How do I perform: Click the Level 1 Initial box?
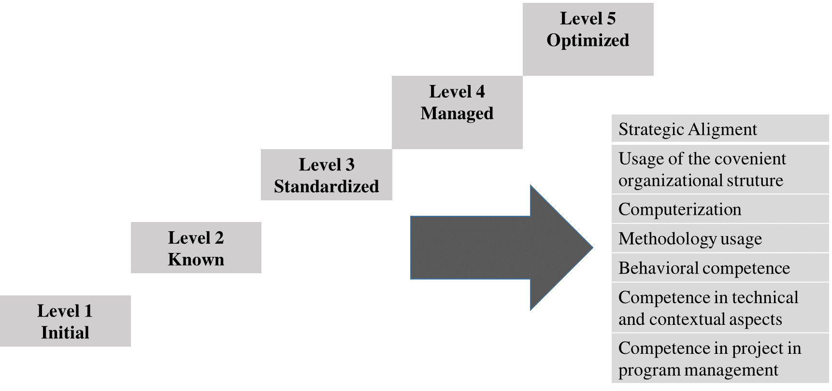pos(65,321)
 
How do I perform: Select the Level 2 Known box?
pos(196,248)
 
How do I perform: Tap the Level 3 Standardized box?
pos(326,175)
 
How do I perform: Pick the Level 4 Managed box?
pos(457,112)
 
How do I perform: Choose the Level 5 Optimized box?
pos(588,39)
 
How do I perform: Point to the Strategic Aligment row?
pos(720,129)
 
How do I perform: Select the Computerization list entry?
pos(720,209)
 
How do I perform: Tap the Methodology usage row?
pos(720,238)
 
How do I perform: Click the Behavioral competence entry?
pos(720,268)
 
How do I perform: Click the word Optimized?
pos(588,40)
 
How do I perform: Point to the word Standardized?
pos(326,186)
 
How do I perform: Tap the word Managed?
pos(457,113)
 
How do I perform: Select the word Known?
pos(196,260)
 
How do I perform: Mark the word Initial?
pos(65,333)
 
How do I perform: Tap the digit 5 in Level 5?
pos(611,19)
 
